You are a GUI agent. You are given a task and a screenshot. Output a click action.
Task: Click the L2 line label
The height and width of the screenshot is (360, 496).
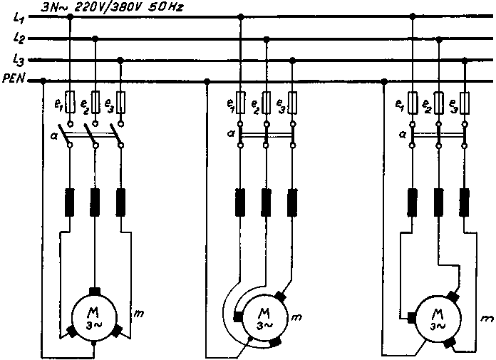coord(19,38)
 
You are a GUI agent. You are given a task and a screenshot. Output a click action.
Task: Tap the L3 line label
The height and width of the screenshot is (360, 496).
coord(19,60)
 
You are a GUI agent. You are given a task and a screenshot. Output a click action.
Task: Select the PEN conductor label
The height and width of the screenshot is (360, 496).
coord(14,81)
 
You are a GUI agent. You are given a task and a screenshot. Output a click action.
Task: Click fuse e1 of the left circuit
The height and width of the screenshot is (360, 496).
coord(69,104)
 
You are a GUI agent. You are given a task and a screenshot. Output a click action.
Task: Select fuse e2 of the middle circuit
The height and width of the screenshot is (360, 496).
coord(266,104)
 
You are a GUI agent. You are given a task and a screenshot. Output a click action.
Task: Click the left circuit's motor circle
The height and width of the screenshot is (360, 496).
coord(95,316)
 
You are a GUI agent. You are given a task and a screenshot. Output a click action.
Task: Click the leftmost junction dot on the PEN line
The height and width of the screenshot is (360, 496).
coord(44,81)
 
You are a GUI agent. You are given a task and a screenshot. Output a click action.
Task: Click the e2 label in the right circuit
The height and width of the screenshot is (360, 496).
coord(426,105)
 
